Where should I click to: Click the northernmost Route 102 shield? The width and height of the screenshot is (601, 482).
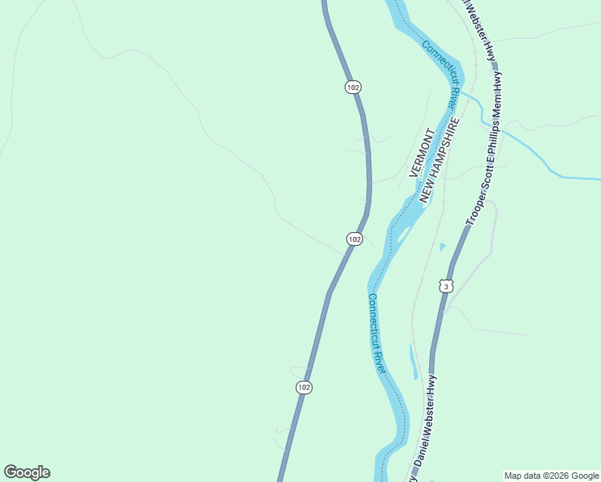pos(353,87)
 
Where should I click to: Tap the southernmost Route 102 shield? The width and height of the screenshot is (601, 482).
pos(303,387)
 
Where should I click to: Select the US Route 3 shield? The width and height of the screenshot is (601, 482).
pos(447,286)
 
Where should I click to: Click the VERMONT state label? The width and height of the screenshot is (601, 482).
pos(421,152)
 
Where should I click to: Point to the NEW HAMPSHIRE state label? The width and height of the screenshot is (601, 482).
pos(439,161)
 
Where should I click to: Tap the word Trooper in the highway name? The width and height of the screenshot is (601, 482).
pos(474,208)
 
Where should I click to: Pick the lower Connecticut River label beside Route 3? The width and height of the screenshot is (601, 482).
pos(377,333)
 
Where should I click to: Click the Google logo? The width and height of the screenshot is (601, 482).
pos(27,472)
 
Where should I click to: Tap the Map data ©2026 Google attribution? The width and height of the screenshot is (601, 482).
pos(551,476)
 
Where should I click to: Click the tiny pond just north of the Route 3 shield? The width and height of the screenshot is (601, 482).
pos(442,247)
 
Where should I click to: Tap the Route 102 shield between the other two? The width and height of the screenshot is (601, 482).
pos(354,239)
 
